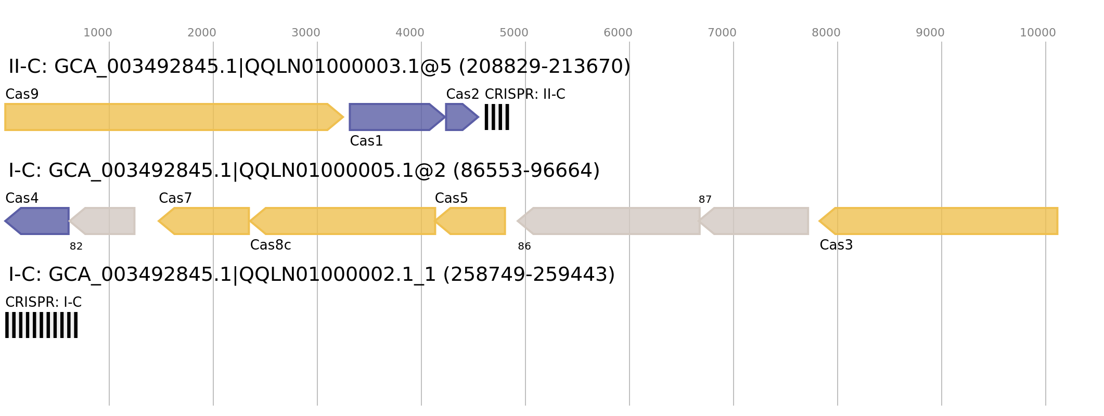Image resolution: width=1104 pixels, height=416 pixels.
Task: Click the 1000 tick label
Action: tap(97, 33)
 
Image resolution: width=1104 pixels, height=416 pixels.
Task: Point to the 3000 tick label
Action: tap(305, 33)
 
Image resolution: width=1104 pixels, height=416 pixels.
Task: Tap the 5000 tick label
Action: tap(514, 33)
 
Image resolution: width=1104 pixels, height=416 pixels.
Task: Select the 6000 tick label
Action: tap(618, 33)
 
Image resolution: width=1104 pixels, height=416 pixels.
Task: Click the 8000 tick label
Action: tap(826, 33)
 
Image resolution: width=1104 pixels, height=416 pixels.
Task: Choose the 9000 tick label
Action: tap(930, 33)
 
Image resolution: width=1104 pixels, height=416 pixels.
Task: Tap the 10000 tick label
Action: tap(1037, 33)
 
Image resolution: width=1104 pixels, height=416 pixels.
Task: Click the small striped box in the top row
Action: tap(497, 117)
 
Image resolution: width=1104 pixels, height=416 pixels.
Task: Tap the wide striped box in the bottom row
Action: tap(41, 325)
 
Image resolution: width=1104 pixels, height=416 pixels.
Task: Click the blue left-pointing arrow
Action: tap(39, 221)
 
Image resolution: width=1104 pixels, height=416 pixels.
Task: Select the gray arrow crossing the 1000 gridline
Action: tap(104, 221)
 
